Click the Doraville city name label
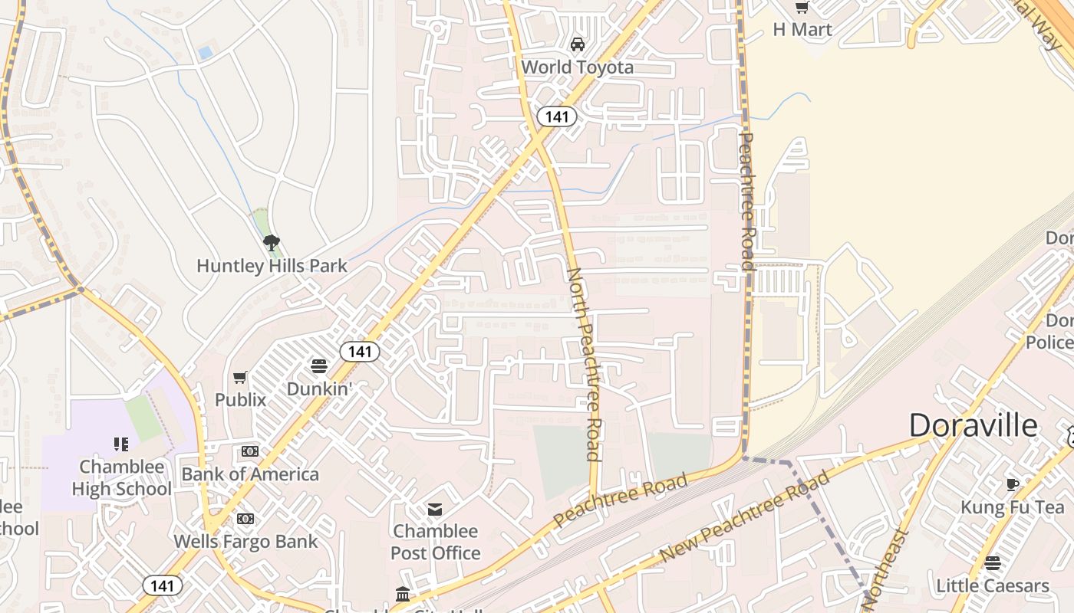click(x=972, y=425)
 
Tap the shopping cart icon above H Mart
click(x=802, y=8)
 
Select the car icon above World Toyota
click(x=578, y=44)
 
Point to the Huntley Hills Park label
click(x=272, y=266)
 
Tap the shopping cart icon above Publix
click(x=240, y=377)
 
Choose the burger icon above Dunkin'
click(x=319, y=366)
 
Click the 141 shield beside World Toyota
click(x=556, y=116)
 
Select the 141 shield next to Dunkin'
click(x=359, y=352)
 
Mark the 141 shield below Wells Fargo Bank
click(x=163, y=585)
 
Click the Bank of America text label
click(x=250, y=474)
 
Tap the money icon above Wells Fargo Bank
click(x=245, y=519)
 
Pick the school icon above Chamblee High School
click(x=121, y=444)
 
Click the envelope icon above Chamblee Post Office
click(x=435, y=509)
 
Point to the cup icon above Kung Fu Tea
click(x=1013, y=484)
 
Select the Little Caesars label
click(x=993, y=586)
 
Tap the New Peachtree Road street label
click(x=744, y=516)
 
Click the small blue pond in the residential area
click(x=205, y=53)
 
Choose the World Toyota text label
click(x=578, y=67)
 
